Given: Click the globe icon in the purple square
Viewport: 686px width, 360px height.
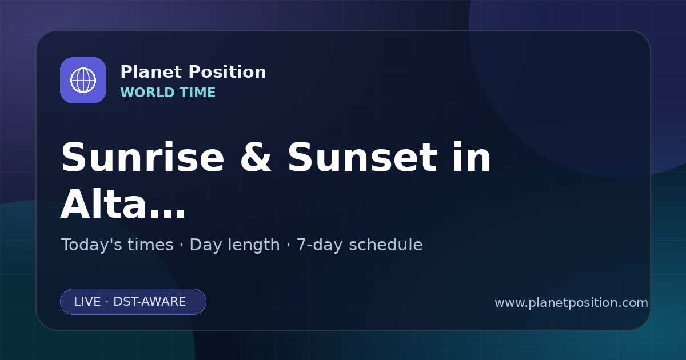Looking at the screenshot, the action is [83, 80].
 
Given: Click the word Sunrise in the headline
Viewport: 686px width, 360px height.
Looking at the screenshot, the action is [143, 158].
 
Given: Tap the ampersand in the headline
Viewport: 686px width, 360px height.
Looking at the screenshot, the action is [256, 158].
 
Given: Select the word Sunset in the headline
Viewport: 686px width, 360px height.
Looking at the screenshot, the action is [362, 158].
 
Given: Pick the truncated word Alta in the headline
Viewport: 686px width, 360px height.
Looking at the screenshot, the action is [103, 203].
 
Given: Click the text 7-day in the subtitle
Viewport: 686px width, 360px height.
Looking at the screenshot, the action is [320, 245].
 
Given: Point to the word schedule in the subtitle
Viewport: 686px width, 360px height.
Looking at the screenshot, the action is [386, 245].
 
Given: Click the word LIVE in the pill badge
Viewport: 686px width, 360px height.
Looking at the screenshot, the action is [87, 302].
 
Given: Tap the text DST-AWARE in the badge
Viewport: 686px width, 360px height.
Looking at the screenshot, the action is [150, 302].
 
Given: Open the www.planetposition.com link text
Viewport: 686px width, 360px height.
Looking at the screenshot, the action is [572, 303].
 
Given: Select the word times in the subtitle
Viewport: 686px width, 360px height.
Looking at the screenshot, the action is [150, 245].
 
